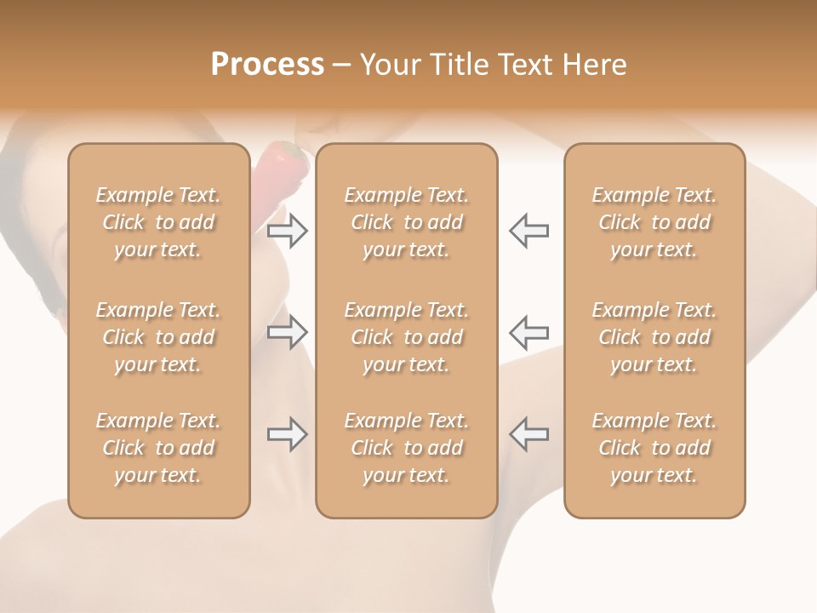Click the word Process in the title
click(x=267, y=65)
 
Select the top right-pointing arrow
click(x=288, y=231)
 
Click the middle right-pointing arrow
click(x=288, y=332)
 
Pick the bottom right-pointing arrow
click(x=288, y=434)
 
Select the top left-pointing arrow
click(x=528, y=231)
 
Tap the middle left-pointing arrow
click(x=528, y=332)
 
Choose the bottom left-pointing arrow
click(x=528, y=434)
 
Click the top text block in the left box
click(x=158, y=222)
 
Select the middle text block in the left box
click(x=158, y=337)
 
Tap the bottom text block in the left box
click(x=158, y=448)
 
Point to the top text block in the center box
click(x=407, y=222)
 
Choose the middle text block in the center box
click(x=407, y=337)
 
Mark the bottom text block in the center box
click(x=407, y=448)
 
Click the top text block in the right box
click(x=654, y=222)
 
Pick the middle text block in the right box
click(x=654, y=337)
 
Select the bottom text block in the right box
click(x=654, y=448)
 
